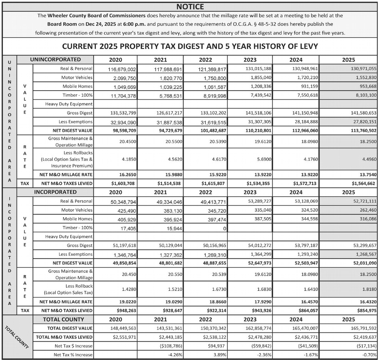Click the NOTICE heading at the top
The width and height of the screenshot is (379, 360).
point(190,6)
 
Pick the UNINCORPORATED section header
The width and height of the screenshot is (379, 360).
point(55,59)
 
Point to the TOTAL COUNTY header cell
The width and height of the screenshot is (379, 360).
point(63,319)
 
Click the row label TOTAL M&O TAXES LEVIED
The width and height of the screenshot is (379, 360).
point(64,337)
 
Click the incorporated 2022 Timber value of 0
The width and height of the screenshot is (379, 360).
point(224,228)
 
